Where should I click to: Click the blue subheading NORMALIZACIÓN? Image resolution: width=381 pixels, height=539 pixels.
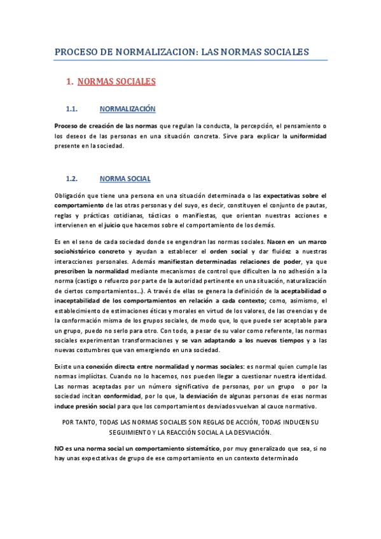(128, 109)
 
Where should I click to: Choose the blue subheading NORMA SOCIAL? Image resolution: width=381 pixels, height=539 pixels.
(125, 179)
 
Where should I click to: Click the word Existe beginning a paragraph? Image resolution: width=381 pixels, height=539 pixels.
(64, 367)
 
